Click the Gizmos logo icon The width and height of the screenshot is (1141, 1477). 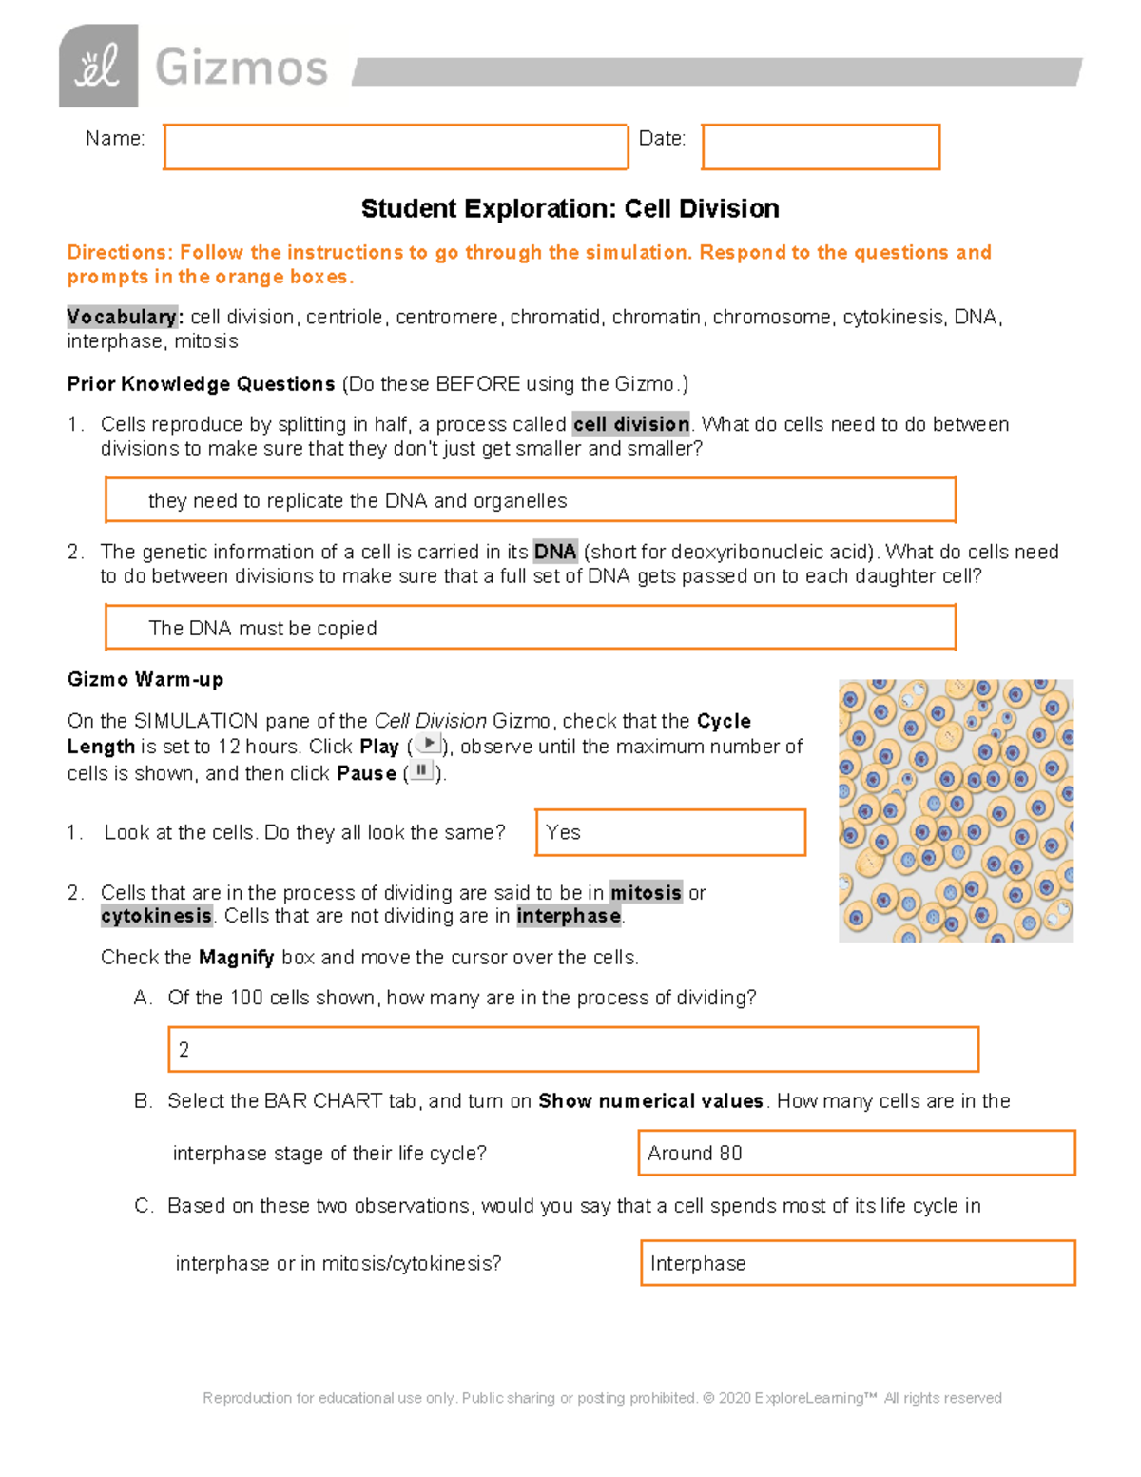(x=98, y=67)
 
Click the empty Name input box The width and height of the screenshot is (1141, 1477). (x=396, y=147)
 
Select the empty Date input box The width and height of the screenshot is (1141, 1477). (x=821, y=147)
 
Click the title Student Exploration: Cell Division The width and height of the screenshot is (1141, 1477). (x=570, y=209)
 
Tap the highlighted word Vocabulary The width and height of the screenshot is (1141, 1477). (x=123, y=317)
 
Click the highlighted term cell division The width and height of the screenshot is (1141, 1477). (x=631, y=424)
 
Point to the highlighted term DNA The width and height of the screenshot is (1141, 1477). (x=555, y=552)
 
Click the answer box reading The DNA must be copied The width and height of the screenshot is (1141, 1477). (x=530, y=628)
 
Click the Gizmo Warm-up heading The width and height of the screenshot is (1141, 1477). (x=145, y=679)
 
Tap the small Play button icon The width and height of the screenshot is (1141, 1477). (x=429, y=744)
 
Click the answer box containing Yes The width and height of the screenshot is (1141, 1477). (x=670, y=832)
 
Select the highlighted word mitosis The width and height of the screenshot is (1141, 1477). (x=646, y=892)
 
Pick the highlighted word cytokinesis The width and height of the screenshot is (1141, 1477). (x=156, y=916)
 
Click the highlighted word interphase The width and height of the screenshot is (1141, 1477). (x=569, y=916)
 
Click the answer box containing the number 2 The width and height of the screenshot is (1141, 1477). (x=572, y=1050)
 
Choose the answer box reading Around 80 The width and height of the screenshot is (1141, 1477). (x=856, y=1153)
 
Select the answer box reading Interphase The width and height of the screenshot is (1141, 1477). (x=857, y=1263)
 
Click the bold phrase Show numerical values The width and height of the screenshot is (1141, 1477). (x=650, y=1100)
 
